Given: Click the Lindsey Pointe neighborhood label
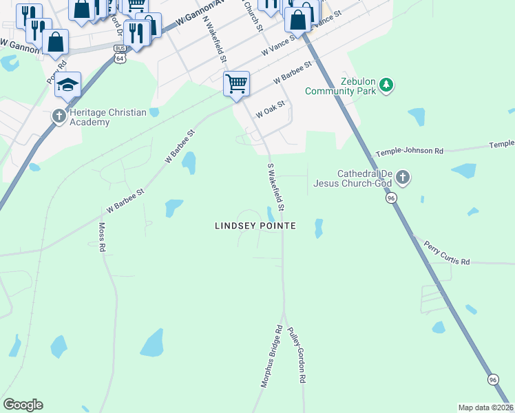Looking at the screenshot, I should pyautogui.click(x=255, y=226).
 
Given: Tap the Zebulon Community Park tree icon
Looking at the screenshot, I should pyautogui.click(x=387, y=85).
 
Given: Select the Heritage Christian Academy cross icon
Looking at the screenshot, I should pyautogui.click(x=59, y=116).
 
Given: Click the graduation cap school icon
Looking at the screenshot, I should pyautogui.click(x=68, y=85).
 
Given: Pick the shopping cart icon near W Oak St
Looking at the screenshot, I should pyautogui.click(x=236, y=84).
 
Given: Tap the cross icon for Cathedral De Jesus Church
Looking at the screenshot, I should pyautogui.click(x=403, y=178).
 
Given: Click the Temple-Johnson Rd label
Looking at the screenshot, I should pyautogui.click(x=409, y=151).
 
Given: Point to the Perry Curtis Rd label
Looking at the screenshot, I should pyautogui.click(x=446, y=253).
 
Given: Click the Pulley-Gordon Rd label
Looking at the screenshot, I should pyautogui.click(x=297, y=355).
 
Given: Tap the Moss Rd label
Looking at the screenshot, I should pyautogui.click(x=101, y=236).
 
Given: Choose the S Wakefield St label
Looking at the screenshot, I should pyautogui.click(x=276, y=187).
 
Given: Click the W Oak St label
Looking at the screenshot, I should pyautogui.click(x=270, y=111).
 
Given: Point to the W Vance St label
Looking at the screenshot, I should pyautogui.click(x=278, y=45).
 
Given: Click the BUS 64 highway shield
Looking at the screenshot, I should pyautogui.click(x=120, y=54).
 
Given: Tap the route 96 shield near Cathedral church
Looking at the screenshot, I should pyautogui.click(x=391, y=198).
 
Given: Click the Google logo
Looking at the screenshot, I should pyautogui.click(x=23, y=405).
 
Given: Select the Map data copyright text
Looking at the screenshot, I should pyautogui.click(x=486, y=407).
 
